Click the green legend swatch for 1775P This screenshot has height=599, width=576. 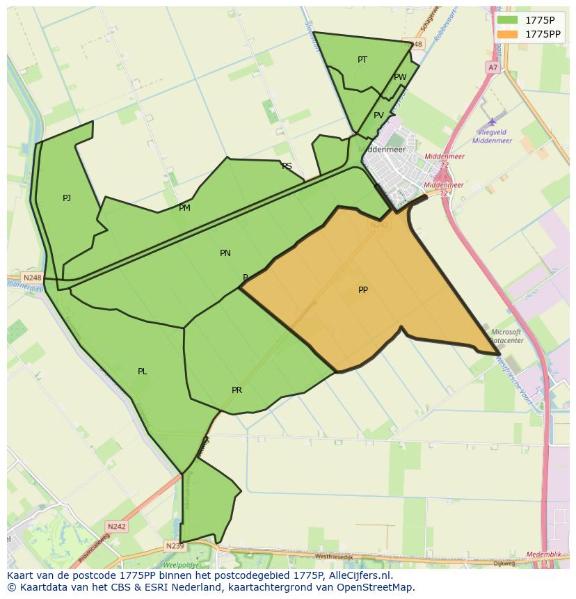click(x=507, y=19)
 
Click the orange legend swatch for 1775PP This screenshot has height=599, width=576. click(x=507, y=33)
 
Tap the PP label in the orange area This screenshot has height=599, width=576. click(x=363, y=290)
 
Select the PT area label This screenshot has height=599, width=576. click(x=362, y=60)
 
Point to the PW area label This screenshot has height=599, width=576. click(x=400, y=77)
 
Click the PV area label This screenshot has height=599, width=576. click(x=378, y=115)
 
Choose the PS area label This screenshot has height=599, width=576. click(x=287, y=166)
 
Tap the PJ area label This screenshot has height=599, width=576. click(x=67, y=198)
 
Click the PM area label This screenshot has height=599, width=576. click(x=184, y=208)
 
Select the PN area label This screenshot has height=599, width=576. click(x=225, y=253)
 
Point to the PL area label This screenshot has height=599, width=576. click(x=142, y=372)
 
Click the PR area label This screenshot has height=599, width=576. click(x=237, y=390)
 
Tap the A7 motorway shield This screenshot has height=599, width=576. click(x=493, y=67)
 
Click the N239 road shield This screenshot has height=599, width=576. click(x=175, y=546)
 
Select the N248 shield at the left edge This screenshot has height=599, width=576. click(x=33, y=278)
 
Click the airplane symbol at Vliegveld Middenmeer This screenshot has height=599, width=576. click(x=493, y=122)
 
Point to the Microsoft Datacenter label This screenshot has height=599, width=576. click(x=506, y=337)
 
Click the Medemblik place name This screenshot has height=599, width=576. click(x=543, y=554)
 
